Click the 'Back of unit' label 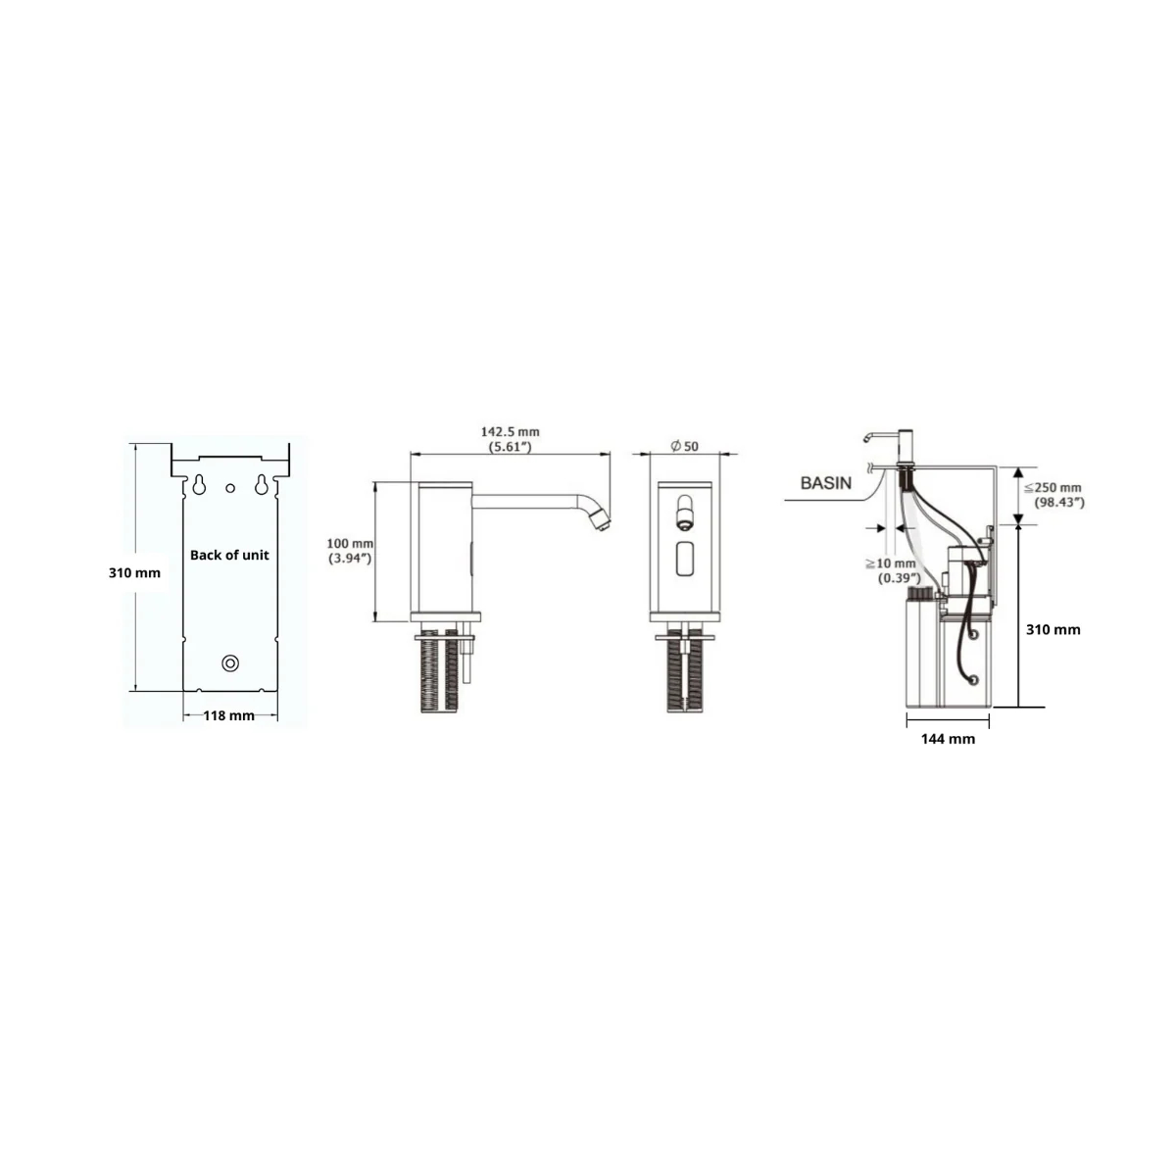(x=229, y=556)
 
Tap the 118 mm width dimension (x=229, y=715)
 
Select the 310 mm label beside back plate (x=134, y=573)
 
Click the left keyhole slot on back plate (x=199, y=485)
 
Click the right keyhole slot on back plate (x=261, y=485)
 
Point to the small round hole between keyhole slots (x=230, y=488)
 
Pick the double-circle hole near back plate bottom (x=230, y=663)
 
